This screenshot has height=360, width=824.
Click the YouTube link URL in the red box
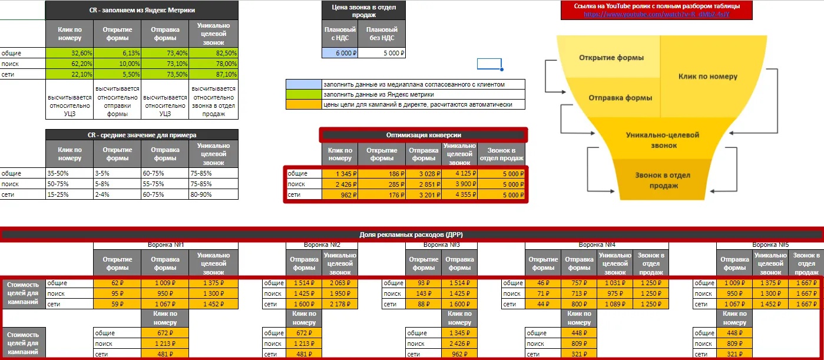(x=656, y=14)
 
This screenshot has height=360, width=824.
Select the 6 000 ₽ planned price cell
(x=340, y=52)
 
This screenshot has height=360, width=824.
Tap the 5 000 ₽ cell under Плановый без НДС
(x=382, y=52)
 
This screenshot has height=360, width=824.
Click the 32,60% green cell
(x=70, y=52)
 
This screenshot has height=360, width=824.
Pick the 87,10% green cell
(x=214, y=74)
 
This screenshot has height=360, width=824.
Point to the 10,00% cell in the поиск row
(x=117, y=64)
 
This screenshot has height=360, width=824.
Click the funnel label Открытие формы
(x=611, y=58)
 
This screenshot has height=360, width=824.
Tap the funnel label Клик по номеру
(x=707, y=76)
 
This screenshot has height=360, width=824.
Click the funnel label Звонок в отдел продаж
(x=662, y=180)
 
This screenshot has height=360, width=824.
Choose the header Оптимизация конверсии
(x=423, y=134)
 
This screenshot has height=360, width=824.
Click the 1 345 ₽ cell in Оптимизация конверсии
(x=340, y=174)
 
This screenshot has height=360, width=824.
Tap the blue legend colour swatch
(x=303, y=84)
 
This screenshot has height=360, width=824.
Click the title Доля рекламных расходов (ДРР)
(x=412, y=235)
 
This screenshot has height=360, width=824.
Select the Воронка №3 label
(x=442, y=245)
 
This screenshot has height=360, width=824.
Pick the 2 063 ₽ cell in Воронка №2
(x=340, y=283)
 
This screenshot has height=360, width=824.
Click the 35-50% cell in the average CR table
(x=70, y=174)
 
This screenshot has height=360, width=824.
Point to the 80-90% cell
(x=214, y=195)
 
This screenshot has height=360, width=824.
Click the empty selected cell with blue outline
(x=489, y=64)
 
